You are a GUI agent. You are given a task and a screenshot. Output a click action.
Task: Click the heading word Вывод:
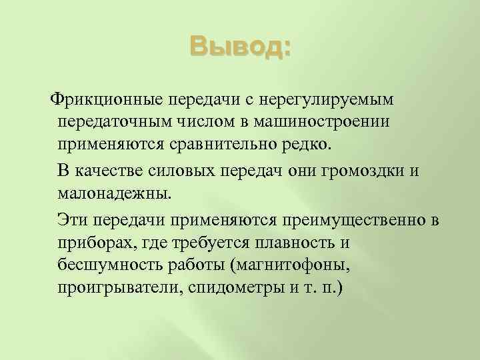[240, 48]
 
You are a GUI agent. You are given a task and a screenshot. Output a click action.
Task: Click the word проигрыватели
[118, 290]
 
